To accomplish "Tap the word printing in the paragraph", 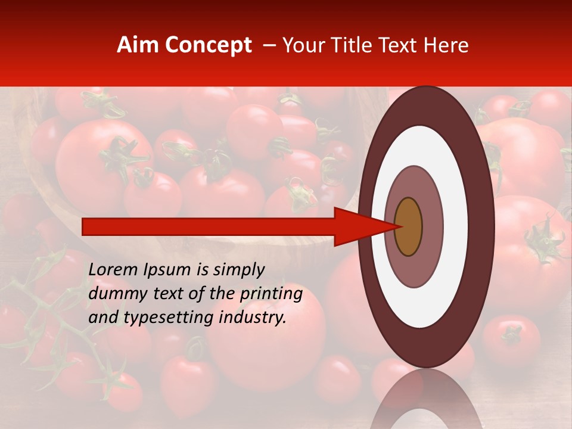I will coord(271,294).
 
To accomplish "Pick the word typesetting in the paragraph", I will coord(169,318).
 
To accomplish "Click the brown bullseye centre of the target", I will coord(409,227).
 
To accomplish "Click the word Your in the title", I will coord(302,45).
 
